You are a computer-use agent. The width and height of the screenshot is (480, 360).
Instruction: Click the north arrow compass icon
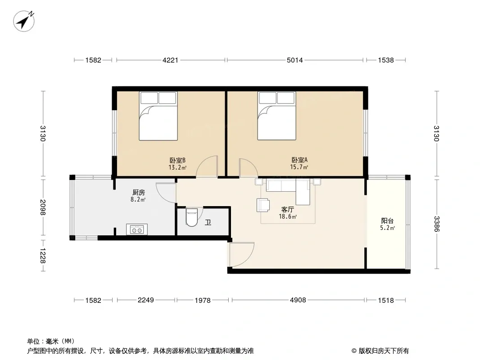[23, 21]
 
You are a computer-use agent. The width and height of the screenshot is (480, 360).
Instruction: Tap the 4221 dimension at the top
[170, 60]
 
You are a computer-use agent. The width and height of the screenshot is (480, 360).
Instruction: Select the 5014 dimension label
[294, 60]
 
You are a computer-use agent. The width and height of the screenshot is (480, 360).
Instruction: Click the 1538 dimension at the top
[386, 60]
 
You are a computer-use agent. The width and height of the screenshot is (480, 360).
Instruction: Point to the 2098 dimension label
[42, 207]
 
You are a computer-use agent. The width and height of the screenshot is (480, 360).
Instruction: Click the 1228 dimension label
[42, 256]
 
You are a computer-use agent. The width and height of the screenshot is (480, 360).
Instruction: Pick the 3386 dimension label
[436, 224]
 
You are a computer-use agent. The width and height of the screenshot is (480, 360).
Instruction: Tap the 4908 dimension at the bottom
[298, 300]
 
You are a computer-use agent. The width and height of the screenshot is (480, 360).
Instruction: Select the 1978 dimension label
[203, 300]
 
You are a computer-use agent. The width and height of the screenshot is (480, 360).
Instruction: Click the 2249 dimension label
[146, 300]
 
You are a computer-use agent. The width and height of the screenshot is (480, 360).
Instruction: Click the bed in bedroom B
[158, 116]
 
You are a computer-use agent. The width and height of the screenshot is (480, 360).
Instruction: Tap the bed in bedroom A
[277, 116]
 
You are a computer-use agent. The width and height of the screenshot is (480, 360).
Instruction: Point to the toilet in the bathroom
[192, 217]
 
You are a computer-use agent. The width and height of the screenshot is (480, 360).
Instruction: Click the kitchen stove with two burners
[137, 229]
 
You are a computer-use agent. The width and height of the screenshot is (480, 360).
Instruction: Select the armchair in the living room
[263, 205]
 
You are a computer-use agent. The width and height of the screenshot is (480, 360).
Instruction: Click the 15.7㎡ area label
[299, 167]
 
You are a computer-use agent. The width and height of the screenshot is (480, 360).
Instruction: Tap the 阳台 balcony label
[387, 221]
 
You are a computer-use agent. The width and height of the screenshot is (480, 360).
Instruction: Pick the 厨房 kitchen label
[139, 193]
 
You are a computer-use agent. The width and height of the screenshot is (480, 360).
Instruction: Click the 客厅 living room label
[288, 210]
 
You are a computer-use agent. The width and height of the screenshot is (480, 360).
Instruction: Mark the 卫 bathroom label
[208, 222]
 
